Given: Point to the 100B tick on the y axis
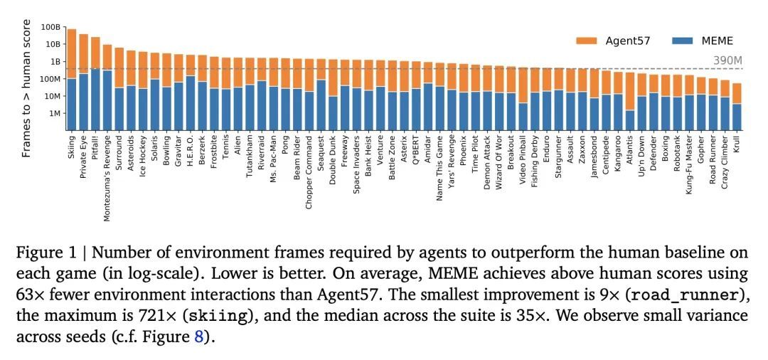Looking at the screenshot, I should pyautogui.click(x=51, y=27).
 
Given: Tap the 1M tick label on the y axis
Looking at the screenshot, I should pyautogui.click(x=54, y=113).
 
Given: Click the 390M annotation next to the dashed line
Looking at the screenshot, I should pyautogui.click(x=727, y=60).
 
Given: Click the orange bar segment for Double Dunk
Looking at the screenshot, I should pyautogui.click(x=333, y=78).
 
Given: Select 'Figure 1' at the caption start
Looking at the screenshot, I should pyautogui.click(x=46, y=253).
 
